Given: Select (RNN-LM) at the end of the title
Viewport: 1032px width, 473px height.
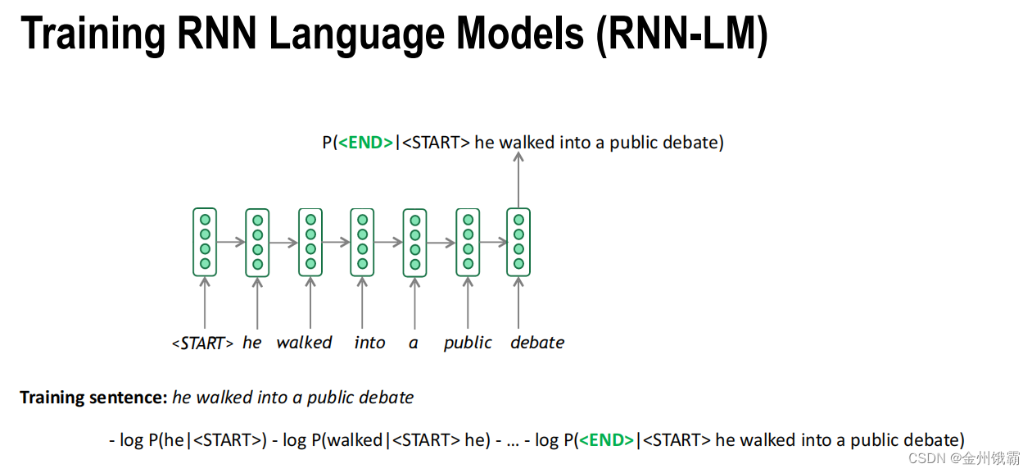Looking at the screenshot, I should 682,34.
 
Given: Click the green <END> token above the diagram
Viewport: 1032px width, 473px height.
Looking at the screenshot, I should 365,143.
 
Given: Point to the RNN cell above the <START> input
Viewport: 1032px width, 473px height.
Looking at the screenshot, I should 205,242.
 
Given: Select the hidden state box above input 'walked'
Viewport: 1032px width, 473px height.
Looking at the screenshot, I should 310,242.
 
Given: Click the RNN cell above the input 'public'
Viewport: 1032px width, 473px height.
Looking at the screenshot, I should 467,242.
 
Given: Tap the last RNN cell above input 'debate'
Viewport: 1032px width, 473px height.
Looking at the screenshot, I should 518,242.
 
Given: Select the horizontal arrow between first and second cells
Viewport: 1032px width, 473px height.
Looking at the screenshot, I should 231,242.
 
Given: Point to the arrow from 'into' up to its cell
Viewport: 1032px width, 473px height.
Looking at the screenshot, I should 362,303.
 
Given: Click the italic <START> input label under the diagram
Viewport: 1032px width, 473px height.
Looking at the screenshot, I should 202,343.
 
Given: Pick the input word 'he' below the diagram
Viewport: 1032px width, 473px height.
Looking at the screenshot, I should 252,343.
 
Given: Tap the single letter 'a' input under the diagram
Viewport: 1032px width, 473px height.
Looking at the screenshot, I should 414,343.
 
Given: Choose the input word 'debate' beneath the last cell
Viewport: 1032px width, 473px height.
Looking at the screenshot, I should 537,343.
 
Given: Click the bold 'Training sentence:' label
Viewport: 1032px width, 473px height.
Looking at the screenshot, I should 93,398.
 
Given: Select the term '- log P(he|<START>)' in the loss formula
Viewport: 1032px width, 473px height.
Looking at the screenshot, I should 188,440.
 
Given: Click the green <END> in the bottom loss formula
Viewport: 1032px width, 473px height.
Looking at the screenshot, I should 606,440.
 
